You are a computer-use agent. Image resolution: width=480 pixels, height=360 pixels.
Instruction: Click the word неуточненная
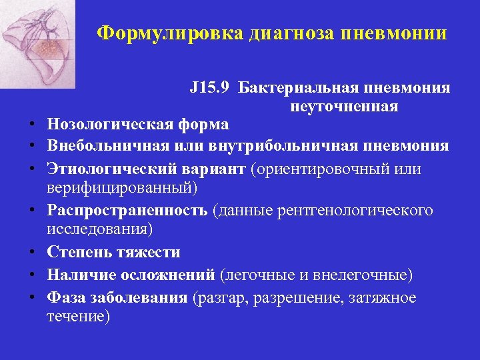point(344,107)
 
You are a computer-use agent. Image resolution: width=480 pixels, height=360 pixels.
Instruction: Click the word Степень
point(76,253)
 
